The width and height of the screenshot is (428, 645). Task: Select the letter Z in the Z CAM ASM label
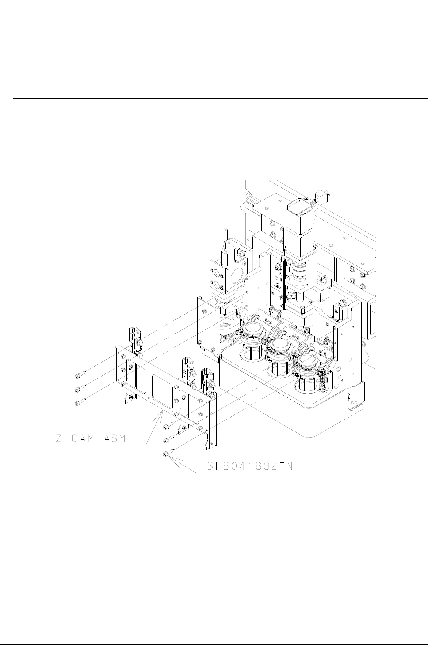click(x=59, y=438)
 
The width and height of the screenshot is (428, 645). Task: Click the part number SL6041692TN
click(x=250, y=466)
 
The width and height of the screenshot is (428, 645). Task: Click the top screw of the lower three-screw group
click(x=169, y=425)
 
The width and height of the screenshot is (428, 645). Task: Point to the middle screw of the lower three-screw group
click(x=169, y=439)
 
